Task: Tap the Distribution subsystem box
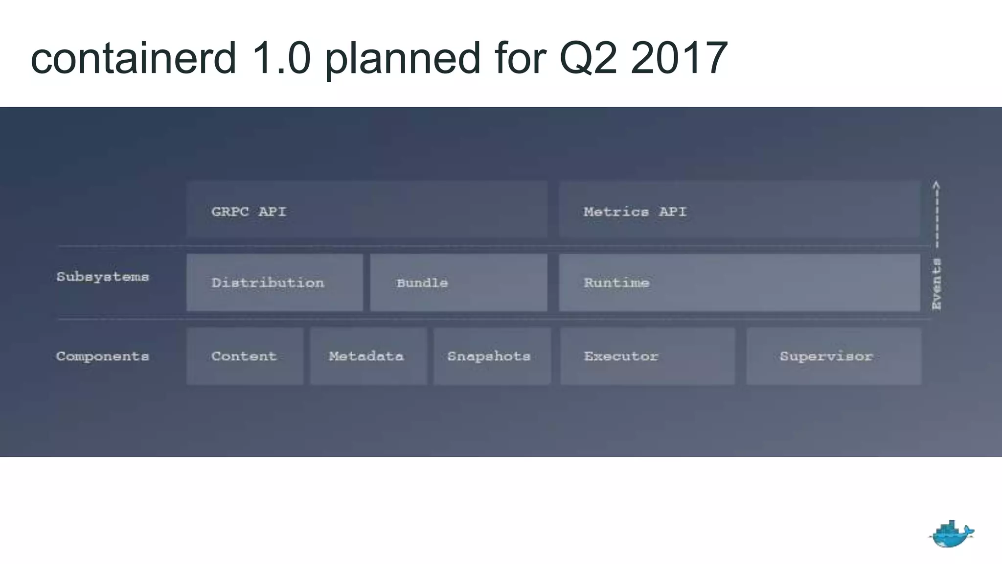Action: click(x=274, y=282)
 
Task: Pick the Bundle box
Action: click(x=458, y=282)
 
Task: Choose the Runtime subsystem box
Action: click(x=739, y=282)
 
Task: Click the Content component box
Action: click(x=245, y=356)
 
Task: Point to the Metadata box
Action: click(x=368, y=356)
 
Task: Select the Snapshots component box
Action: click(x=492, y=356)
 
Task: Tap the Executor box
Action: click(x=647, y=356)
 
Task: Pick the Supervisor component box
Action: click(x=834, y=356)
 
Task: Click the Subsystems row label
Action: click(x=102, y=277)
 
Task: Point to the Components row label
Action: click(x=102, y=356)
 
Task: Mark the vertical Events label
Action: click(x=936, y=284)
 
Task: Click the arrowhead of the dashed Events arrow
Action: click(x=936, y=185)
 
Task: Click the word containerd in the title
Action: click(x=134, y=58)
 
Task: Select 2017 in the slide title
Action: click(x=679, y=58)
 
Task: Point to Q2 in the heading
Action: click(x=588, y=58)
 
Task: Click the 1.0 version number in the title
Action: click(x=280, y=58)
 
